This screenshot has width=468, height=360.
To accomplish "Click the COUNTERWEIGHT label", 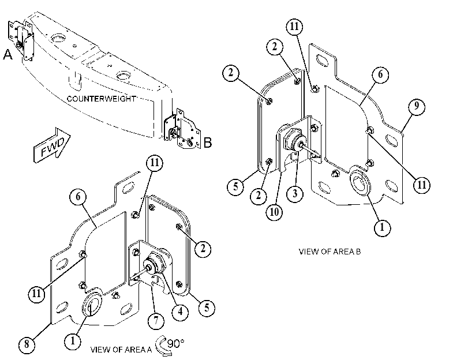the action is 101,99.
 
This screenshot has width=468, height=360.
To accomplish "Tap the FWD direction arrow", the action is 52,145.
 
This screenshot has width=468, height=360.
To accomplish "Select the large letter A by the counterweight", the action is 8,55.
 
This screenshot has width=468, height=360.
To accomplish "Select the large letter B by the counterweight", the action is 207,142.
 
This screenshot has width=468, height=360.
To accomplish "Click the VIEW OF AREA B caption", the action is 330,252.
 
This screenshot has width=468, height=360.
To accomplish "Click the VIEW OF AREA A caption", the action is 121,349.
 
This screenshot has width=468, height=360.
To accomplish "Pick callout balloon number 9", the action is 417,106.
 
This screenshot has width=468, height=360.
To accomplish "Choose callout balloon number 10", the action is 274,212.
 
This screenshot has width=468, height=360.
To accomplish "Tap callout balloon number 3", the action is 294,193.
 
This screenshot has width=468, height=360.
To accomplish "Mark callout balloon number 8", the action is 27,344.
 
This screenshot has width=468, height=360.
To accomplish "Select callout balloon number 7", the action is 156,321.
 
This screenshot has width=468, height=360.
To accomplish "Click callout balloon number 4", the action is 180,312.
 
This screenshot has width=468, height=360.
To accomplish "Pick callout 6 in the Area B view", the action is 380,74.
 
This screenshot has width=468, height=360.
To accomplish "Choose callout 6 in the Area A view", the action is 78,197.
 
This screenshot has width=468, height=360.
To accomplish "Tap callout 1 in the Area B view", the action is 382,228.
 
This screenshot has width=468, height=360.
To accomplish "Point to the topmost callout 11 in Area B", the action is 294,27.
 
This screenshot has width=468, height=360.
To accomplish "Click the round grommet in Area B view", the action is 360,180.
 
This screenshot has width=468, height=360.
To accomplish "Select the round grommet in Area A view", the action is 92,302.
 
